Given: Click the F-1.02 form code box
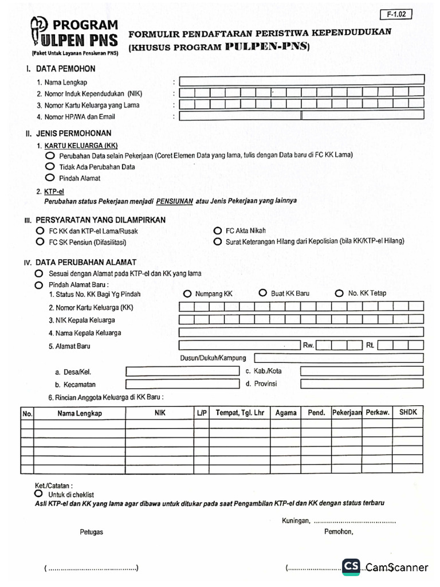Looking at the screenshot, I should (x=395, y=15).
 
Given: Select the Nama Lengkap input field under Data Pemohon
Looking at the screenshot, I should (x=301, y=80).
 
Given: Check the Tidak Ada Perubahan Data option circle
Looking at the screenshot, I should (x=50, y=166).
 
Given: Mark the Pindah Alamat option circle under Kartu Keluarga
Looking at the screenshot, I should (x=50, y=178).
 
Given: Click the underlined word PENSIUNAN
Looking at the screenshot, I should (x=174, y=201).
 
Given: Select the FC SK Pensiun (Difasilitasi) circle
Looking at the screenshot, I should (x=40, y=242).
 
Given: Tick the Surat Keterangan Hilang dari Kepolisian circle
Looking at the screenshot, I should (x=218, y=242).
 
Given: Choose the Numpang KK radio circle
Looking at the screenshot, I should (x=187, y=293).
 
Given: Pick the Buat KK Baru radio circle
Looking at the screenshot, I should (x=263, y=292).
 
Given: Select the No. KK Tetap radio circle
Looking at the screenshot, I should (x=339, y=293).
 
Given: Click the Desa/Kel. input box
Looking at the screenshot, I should (x=182, y=371).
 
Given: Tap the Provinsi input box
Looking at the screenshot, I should (x=362, y=384).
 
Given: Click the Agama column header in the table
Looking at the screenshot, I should (x=286, y=413).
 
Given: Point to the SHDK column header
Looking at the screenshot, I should (x=408, y=412).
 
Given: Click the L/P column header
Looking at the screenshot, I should (x=201, y=413).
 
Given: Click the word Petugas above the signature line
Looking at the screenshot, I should (x=91, y=532).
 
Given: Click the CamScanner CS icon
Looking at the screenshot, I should (x=352, y=567).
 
